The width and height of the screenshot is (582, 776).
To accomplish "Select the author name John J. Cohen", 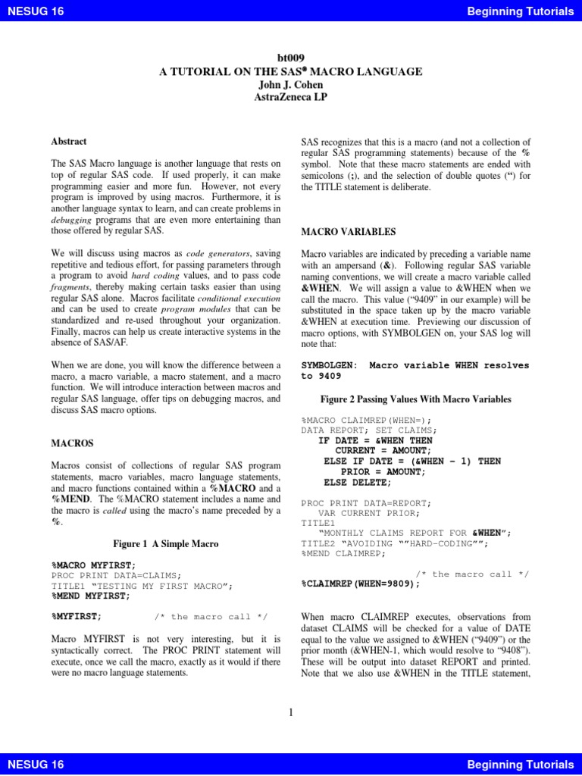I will coord(290,84).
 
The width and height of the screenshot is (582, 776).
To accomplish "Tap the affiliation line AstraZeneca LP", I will coord(290,97).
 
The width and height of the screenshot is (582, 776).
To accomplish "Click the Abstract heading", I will coord(68,141).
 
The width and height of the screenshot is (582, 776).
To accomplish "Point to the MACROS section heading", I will coord(72,443).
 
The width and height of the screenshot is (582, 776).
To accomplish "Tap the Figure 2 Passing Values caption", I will coord(405,399).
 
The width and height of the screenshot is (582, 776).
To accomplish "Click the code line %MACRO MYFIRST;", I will coord(93,565).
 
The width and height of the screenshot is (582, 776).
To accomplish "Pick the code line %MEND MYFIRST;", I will coord(90,596).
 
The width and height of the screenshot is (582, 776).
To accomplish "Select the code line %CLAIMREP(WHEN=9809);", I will coord(360,584).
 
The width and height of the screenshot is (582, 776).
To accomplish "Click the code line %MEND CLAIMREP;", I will coord(343,553).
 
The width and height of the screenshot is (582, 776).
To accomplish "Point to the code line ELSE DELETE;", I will coord(358,482).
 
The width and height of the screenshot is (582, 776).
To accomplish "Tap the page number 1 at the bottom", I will coord(291,712).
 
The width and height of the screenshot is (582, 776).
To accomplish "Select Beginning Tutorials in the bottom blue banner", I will coord(521,765).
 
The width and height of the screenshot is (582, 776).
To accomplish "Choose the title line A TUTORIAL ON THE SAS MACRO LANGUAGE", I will coord(290,71).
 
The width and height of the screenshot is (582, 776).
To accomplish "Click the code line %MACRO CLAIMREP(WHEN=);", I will coord(366,419).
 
